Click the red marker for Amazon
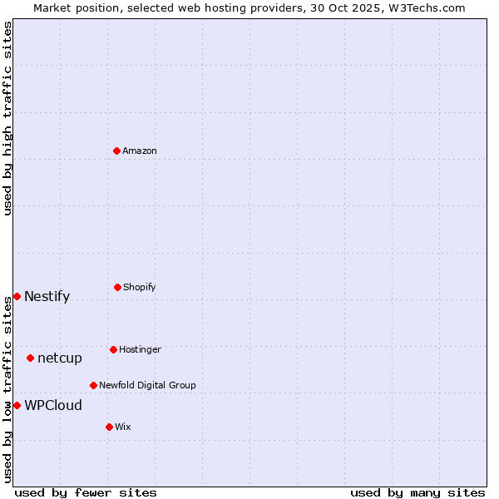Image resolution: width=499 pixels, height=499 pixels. pyautogui.click(x=117, y=151)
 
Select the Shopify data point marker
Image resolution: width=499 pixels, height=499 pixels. pyautogui.click(x=117, y=287)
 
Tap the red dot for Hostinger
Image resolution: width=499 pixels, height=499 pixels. pyautogui.click(x=113, y=349)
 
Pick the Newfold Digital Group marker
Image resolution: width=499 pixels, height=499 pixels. pyautogui.click(x=93, y=385)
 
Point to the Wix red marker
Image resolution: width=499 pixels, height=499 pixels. pyautogui.click(x=109, y=427)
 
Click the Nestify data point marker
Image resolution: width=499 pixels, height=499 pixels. pyautogui.click(x=17, y=296)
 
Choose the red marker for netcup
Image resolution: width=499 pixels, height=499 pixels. pyautogui.click(x=30, y=358)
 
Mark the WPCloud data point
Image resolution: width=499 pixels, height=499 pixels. pyautogui.click(x=17, y=405)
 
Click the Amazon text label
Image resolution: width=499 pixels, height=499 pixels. pyautogui.click(x=140, y=151)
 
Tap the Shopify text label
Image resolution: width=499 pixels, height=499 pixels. pyautogui.click(x=140, y=288)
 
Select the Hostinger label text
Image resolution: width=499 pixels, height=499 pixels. pyautogui.click(x=140, y=350)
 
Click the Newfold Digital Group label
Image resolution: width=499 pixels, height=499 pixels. pyautogui.click(x=147, y=386)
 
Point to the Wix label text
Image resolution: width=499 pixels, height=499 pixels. pyautogui.click(x=123, y=427)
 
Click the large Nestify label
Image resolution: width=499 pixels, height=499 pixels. pyautogui.click(x=47, y=297)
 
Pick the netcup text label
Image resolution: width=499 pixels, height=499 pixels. pyautogui.click(x=60, y=358)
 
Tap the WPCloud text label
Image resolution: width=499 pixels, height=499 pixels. pyautogui.click(x=53, y=406)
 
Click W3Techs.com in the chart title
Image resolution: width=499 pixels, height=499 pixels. pyautogui.click(x=425, y=8)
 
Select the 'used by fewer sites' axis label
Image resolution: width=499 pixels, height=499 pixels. pyautogui.click(x=86, y=492)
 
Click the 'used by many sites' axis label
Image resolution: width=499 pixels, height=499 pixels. pyautogui.click(x=417, y=492)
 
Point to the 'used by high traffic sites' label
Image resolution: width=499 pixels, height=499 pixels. pyautogui.click(x=7, y=118)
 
